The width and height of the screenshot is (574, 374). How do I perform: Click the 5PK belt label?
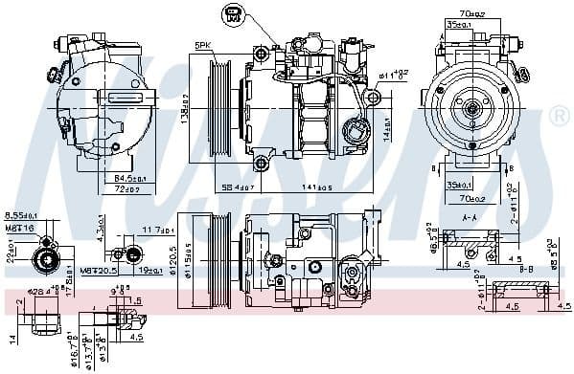202,45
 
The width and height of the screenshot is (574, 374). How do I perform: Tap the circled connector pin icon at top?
233,14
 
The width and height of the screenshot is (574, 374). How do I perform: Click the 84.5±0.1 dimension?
131,178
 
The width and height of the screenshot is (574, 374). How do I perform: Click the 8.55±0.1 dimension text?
20,216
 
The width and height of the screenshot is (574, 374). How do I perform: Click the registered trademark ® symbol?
561,116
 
